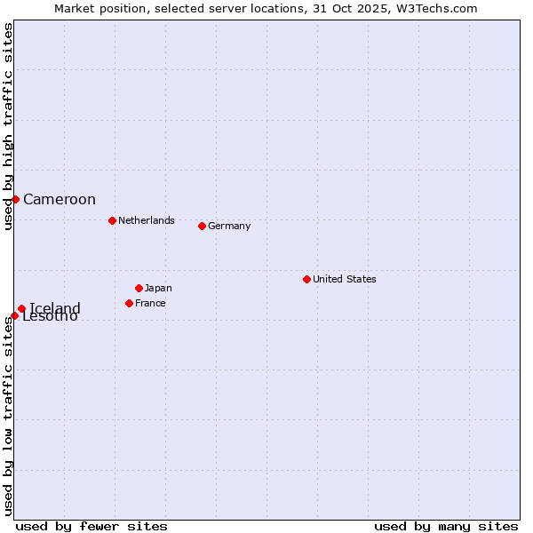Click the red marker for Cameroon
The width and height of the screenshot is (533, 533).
[15, 199]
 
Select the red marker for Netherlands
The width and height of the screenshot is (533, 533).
[112, 220]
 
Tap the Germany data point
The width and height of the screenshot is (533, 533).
[202, 226]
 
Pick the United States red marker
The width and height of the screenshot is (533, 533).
[306, 279]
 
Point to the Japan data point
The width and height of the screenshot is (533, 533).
[139, 288]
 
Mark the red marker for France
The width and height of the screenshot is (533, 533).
[129, 303]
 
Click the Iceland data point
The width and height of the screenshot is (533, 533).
[21, 308]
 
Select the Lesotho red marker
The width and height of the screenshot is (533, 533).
[14, 315]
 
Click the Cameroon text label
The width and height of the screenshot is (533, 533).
[60, 200]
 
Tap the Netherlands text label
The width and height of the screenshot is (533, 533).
[147, 220]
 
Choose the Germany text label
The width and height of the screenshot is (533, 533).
[229, 226]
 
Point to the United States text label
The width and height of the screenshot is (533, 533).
[345, 279]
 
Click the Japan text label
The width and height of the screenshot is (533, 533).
[158, 288]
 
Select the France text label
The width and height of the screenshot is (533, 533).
[150, 303]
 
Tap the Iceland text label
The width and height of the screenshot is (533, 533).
[55, 307]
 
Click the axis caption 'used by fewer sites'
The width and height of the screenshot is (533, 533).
[91, 526]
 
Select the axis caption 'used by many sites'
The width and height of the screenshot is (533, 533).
[446, 526]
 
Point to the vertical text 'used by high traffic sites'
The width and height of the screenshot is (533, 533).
[8, 127]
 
